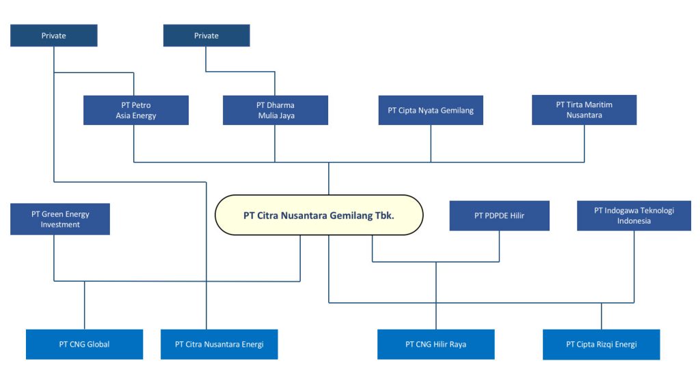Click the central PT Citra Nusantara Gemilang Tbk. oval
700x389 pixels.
coord(319,215)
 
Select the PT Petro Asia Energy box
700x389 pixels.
coord(136,110)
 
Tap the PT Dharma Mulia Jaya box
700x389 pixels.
coord(275,110)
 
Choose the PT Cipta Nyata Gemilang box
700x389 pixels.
coord(431,110)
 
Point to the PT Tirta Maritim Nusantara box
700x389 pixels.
coord(584,110)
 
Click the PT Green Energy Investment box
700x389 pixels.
coord(60,219)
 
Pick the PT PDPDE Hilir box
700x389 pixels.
coord(499,215)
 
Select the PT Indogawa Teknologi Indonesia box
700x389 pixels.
coord(634,215)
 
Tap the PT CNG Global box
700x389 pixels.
coord(84,344)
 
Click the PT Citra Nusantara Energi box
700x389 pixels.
coord(219,344)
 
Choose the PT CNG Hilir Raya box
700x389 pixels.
coord(435,344)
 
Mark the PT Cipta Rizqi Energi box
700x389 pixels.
coord(601,344)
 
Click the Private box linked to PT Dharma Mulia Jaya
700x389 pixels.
coord(206,36)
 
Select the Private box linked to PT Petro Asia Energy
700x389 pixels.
coord(54,36)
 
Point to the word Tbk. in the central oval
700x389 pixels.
coord(384,215)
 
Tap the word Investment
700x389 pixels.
coord(60,225)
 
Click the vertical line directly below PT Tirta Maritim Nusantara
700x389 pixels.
coord(584,144)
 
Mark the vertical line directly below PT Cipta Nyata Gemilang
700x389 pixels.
coord(431,144)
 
